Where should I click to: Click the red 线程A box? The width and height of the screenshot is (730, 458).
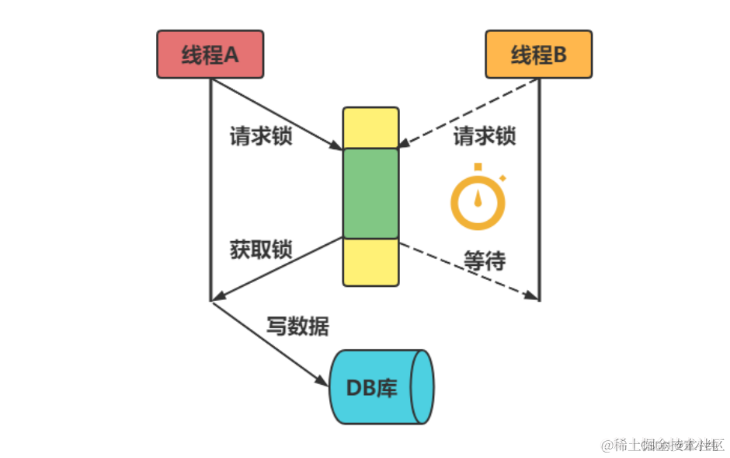click(210, 54)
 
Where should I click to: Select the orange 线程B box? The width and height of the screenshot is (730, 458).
click(538, 54)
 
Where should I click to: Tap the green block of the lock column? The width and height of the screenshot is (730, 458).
click(370, 193)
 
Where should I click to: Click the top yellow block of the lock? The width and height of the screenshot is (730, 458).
click(370, 128)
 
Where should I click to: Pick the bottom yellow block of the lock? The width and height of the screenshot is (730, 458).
click(370, 262)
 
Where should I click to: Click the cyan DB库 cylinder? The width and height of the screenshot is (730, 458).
click(380, 387)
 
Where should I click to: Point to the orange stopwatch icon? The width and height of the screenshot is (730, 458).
click(478, 201)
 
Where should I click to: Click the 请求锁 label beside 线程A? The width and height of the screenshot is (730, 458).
click(261, 136)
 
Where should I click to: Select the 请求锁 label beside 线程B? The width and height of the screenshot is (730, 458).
click(485, 136)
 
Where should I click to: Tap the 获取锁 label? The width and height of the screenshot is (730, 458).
click(261, 250)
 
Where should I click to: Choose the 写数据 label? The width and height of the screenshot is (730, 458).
click(297, 326)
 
